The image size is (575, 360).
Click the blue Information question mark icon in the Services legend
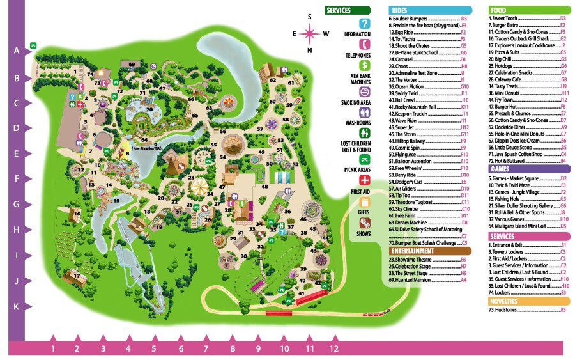click(365, 24)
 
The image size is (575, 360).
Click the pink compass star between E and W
click(310, 33)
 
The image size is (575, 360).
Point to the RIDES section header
click(430, 10)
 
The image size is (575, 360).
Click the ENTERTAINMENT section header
click(430, 251)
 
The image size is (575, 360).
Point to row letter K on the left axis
click(16, 306)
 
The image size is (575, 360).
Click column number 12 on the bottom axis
click(333, 349)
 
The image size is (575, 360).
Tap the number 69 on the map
click(132, 65)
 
